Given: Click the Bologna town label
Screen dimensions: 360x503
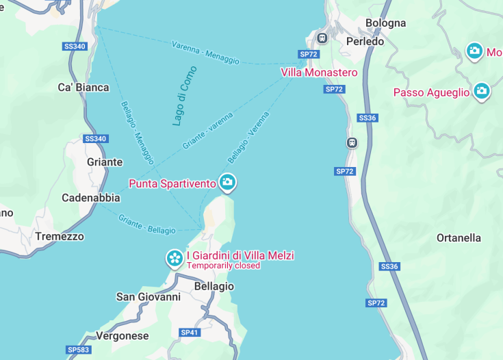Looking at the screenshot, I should tap(385, 23).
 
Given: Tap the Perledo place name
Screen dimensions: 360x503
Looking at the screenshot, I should tap(365, 41).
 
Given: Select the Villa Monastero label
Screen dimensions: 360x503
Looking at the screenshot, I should tap(319, 72).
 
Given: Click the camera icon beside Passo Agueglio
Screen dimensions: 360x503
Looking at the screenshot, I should tap(482, 91).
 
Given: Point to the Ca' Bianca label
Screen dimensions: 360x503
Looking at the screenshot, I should tap(83, 87).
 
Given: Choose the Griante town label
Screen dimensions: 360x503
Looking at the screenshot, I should tap(105, 162).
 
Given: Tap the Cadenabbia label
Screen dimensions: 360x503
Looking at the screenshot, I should tap(91, 198).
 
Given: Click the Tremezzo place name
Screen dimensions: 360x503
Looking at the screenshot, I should tap(60, 236).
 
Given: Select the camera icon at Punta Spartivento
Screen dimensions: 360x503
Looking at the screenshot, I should tap(227, 183).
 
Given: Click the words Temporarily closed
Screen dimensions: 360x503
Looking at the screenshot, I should tap(224, 266).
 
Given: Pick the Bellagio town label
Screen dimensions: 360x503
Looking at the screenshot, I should tap(214, 286).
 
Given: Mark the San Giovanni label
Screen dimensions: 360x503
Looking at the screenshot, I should tap(149, 297).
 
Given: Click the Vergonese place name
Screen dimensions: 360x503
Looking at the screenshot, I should tap(122, 336).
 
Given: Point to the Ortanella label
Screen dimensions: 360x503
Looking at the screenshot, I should tap(459, 238).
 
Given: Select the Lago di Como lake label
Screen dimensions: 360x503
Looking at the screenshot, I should tap(184, 96).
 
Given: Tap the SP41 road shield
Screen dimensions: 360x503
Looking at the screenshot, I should tap(189, 332).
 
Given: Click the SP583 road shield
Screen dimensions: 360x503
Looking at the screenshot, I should tap(77, 350).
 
